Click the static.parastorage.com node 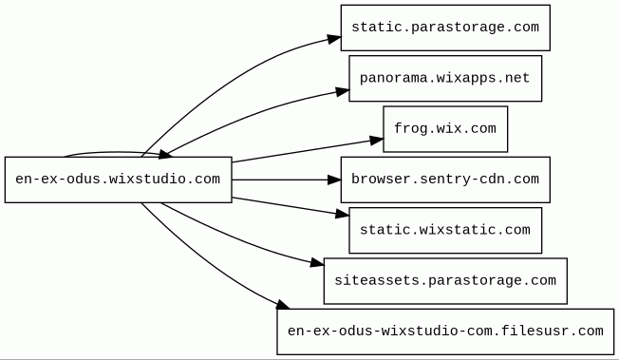(x=445, y=28)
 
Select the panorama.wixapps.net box (x=445, y=78)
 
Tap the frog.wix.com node (x=445, y=129)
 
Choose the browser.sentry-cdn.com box (x=445, y=180)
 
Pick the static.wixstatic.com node (x=445, y=231)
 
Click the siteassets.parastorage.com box (x=445, y=281)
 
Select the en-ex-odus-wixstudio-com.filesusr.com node (x=445, y=332)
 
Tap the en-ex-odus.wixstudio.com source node (x=118, y=180)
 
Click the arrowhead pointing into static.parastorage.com (x=334, y=39)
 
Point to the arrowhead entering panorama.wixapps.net (x=343, y=92)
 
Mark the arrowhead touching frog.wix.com (x=377, y=141)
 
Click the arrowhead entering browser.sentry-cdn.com (x=334, y=180)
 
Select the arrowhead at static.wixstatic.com (x=343, y=214)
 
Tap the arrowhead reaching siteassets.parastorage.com (x=317, y=263)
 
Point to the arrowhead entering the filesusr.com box (x=283, y=305)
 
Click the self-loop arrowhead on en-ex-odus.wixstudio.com (x=165, y=154)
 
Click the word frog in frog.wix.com (x=406, y=129)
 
